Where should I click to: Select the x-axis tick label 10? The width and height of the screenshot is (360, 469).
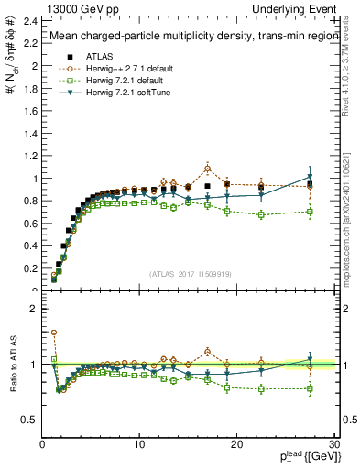point(138,444)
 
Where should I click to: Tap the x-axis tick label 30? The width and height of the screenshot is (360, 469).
point(334,444)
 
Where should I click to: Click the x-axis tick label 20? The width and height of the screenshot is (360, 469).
point(236,444)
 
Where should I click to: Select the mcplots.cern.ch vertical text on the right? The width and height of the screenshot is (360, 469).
point(352,220)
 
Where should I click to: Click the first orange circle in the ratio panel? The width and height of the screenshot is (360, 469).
point(54,333)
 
